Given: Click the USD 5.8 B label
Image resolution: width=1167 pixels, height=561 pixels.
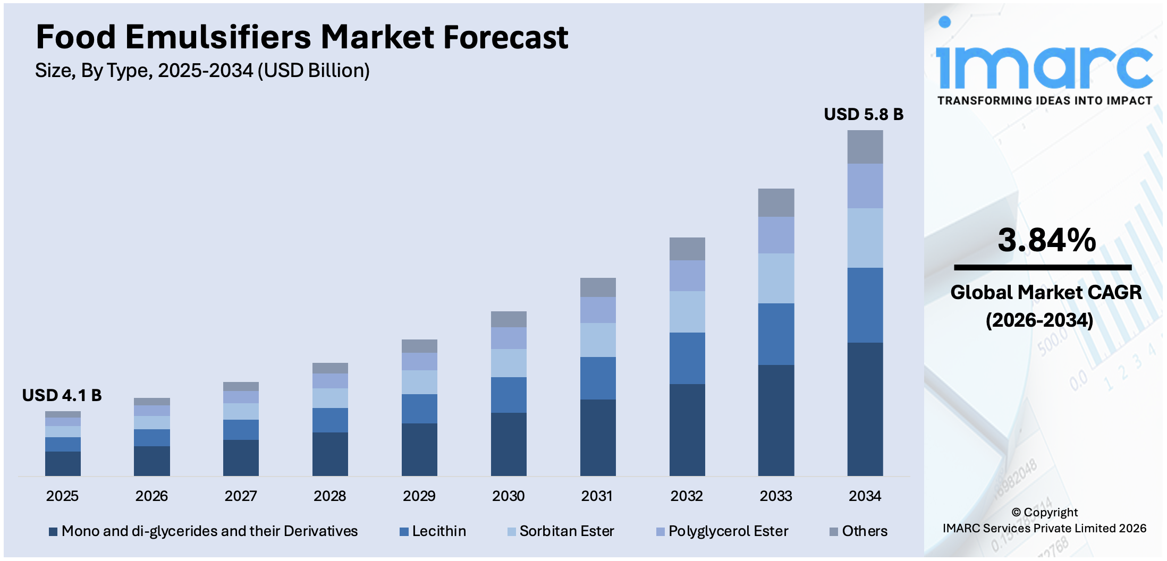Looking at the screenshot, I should click(863, 114).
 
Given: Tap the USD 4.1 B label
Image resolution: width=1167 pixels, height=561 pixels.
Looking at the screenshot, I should click(62, 395).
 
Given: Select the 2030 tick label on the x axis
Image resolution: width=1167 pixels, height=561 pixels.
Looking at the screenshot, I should click(508, 496).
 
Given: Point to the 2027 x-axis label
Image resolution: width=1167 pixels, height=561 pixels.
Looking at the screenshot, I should click(241, 496).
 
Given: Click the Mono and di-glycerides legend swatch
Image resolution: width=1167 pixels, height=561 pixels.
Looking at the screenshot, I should click(53, 532).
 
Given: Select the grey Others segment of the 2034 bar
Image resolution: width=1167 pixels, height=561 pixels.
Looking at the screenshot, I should click(865, 147).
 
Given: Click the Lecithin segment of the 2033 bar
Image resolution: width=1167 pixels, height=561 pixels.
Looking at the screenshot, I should click(776, 334).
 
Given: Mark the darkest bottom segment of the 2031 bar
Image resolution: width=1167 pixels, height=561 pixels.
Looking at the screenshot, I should click(598, 437).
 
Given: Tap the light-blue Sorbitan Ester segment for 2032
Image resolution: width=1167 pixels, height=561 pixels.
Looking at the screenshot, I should click(687, 312).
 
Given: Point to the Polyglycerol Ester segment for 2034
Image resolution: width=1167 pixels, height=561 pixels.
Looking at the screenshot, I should click(865, 186).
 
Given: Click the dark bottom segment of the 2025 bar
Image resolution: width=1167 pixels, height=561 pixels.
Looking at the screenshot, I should click(63, 463).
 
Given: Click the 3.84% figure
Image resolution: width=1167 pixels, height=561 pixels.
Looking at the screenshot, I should click(1046, 240).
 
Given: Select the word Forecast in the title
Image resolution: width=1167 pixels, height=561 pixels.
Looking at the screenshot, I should click(505, 37).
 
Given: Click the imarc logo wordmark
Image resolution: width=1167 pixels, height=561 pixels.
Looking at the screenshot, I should click(1044, 66).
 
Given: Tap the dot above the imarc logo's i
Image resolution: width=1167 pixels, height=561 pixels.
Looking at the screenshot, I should click(944, 22).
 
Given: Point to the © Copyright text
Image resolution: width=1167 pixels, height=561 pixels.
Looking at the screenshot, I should click(1044, 512).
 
